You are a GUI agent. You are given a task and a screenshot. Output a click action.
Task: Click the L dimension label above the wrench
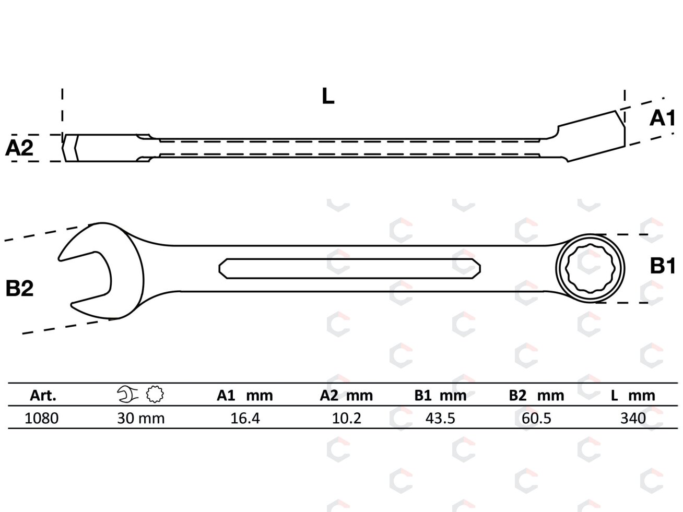328,96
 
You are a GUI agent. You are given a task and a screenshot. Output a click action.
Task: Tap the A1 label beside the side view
662,118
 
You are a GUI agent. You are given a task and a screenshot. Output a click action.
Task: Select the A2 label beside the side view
19,148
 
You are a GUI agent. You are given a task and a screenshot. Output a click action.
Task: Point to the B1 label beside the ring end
663,266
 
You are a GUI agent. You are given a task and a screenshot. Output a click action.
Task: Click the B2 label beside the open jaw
19,288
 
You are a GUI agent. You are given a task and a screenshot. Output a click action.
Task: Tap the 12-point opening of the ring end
590,268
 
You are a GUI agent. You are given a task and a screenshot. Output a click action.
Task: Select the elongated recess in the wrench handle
349,268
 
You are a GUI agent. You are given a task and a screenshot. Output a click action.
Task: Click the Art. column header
43,396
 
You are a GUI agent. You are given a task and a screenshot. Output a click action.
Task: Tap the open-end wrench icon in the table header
127,395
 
